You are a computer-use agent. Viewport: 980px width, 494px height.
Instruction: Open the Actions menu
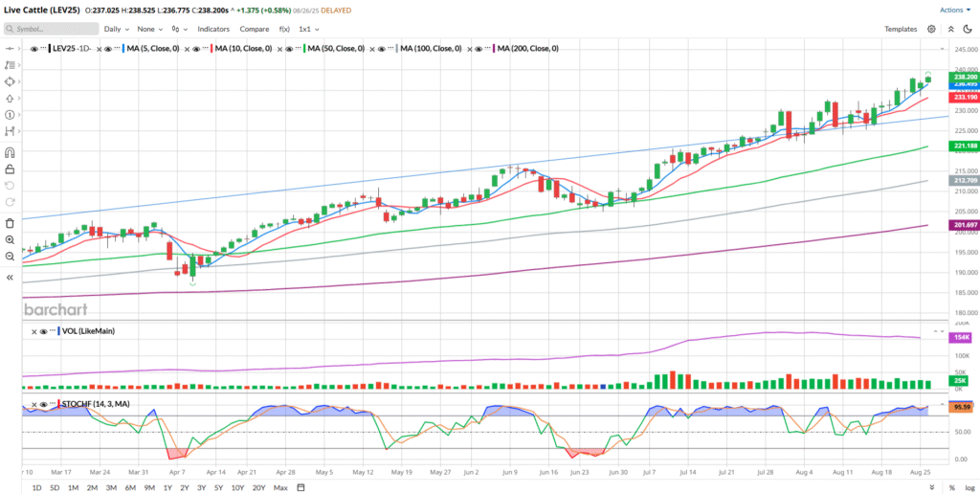point(953,10)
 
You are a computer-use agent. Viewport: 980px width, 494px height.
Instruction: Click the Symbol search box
point(48,29)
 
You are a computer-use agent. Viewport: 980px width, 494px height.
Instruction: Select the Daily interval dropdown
point(118,29)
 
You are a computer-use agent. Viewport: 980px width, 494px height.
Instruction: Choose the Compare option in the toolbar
point(254,29)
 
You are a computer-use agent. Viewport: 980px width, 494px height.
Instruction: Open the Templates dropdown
point(904,29)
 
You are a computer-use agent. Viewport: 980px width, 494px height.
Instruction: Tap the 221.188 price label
point(964,146)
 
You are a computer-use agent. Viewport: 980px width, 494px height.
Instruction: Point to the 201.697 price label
point(964,225)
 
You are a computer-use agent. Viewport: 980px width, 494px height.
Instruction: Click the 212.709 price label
point(964,180)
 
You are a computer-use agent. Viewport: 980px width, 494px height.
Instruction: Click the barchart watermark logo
point(55,310)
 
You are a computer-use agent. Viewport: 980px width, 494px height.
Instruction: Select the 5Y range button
point(219,488)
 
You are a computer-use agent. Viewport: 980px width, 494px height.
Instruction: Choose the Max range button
point(279,488)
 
